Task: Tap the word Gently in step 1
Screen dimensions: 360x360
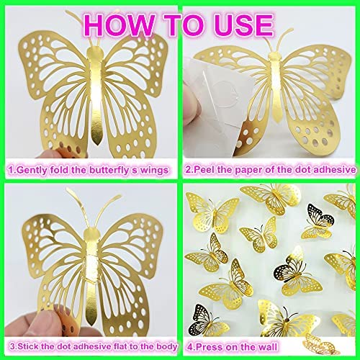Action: click(32, 171)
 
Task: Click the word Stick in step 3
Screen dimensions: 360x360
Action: click(28, 346)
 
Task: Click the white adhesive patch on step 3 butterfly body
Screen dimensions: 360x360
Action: click(92, 266)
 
